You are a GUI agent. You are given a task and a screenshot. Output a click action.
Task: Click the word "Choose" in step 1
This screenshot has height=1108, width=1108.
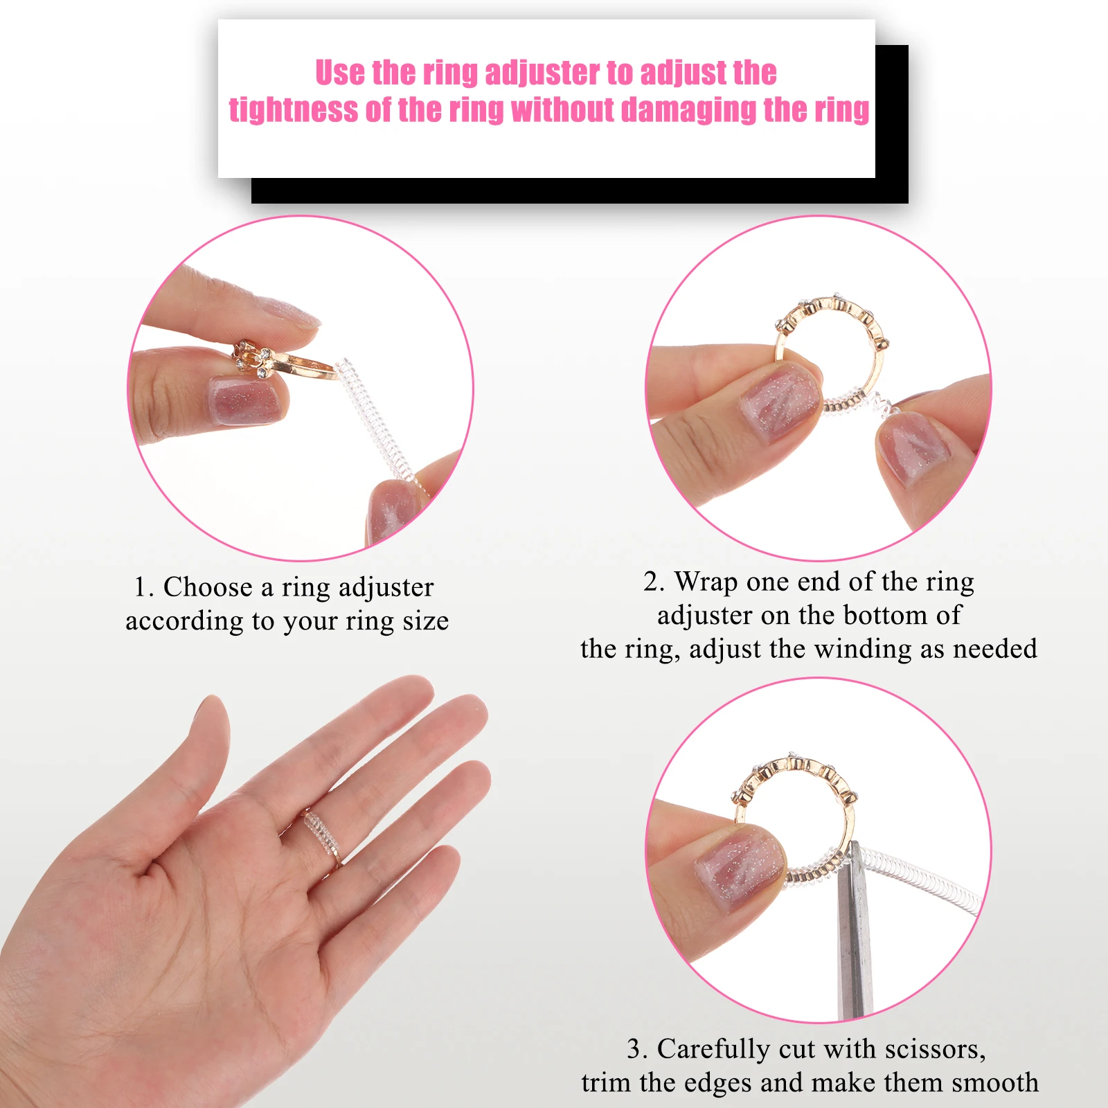click(x=208, y=587)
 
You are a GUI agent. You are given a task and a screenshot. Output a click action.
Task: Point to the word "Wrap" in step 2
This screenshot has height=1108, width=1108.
click(x=706, y=582)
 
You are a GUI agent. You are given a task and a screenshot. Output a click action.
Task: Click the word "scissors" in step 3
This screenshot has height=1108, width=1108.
click(x=936, y=1049)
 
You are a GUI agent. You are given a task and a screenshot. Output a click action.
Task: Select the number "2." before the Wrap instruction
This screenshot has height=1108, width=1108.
click(x=654, y=582)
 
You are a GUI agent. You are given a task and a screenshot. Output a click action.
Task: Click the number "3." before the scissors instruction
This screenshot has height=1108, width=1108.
click(x=637, y=1050)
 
